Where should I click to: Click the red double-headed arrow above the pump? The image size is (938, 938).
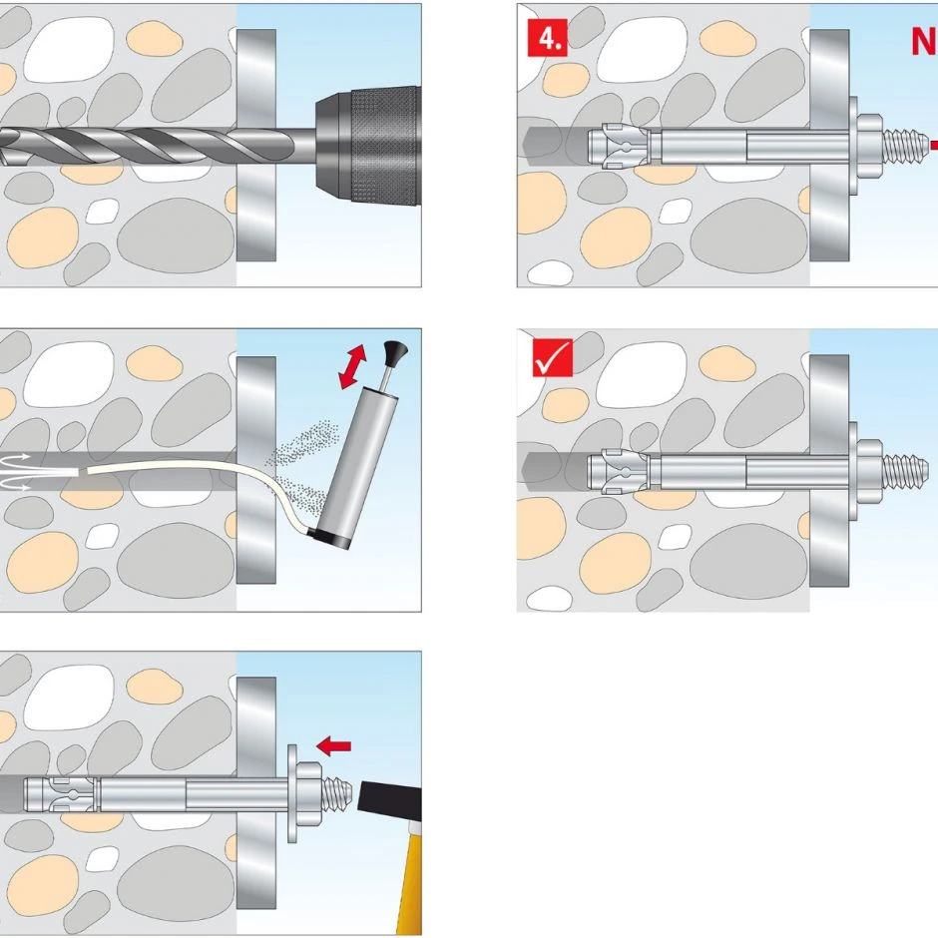click(x=350, y=366)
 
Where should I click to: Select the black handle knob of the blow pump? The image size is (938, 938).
click(x=389, y=350)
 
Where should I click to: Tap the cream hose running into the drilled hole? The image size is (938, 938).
click(x=200, y=470)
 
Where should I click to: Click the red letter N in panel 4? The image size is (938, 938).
click(x=923, y=42)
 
